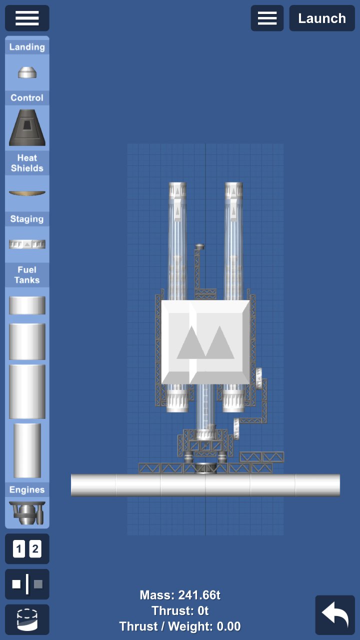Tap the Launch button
click(x=322, y=18)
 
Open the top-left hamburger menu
click(x=27, y=18)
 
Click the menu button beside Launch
click(x=267, y=18)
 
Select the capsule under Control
click(x=27, y=127)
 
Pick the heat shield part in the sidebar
click(x=27, y=193)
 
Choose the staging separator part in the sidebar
click(x=27, y=244)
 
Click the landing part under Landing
click(x=27, y=72)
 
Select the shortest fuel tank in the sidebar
click(x=27, y=305)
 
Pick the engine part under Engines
click(x=27, y=512)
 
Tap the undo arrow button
click(x=334, y=615)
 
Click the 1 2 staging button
click(x=27, y=549)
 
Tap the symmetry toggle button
click(x=27, y=584)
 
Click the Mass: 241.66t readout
click(x=180, y=595)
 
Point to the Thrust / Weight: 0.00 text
click(x=180, y=626)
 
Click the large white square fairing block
click(x=205, y=342)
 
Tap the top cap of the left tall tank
click(x=177, y=190)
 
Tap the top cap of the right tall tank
click(x=233, y=190)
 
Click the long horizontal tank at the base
click(x=205, y=485)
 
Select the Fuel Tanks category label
click(x=27, y=274)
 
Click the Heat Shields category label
click(x=27, y=163)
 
